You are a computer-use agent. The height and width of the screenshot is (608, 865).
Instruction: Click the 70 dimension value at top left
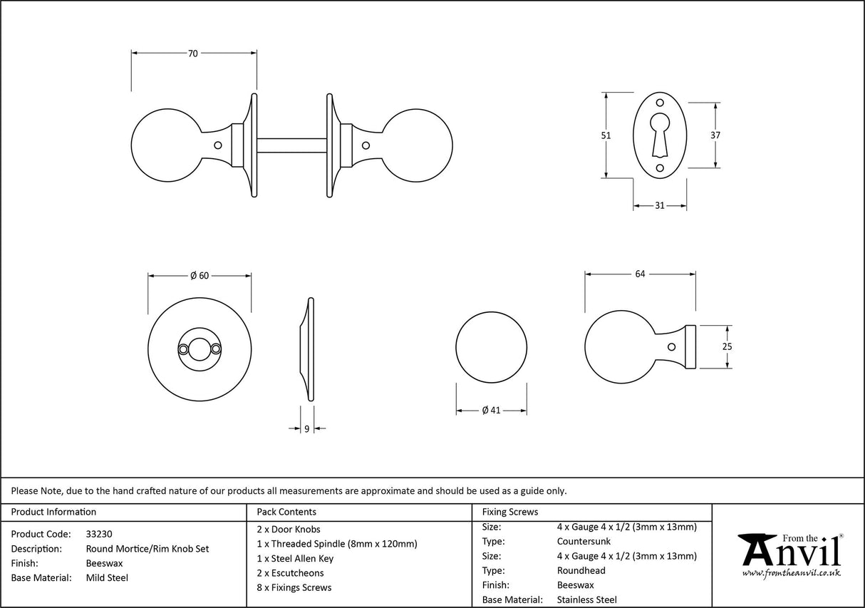click(193, 53)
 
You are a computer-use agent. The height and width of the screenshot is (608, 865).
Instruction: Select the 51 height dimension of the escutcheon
click(606, 135)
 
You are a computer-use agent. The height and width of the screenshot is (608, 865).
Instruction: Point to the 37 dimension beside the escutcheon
click(715, 135)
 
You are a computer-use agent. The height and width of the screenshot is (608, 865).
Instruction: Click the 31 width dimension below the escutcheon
click(659, 206)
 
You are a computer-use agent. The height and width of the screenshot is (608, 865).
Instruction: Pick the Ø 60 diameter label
click(200, 276)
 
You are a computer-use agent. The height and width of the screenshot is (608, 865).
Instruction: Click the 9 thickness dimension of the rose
click(306, 428)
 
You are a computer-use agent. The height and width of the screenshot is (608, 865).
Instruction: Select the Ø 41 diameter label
click(492, 411)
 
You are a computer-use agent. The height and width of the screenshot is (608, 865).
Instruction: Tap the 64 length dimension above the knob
click(639, 274)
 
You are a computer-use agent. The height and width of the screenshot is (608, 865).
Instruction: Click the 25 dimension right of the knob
click(727, 347)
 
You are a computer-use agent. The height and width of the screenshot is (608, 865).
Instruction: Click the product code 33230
click(99, 534)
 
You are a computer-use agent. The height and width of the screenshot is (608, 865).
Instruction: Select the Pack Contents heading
click(286, 512)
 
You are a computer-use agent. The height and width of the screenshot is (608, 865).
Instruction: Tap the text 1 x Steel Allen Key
click(294, 558)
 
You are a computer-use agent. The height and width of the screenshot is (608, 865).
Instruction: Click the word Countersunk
click(584, 542)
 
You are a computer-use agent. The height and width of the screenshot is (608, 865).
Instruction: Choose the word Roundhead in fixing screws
click(581, 571)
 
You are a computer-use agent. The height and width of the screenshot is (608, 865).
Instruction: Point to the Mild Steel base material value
click(107, 578)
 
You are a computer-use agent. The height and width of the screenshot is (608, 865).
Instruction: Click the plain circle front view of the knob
click(491, 347)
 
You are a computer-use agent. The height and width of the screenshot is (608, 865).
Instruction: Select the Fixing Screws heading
click(510, 512)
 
